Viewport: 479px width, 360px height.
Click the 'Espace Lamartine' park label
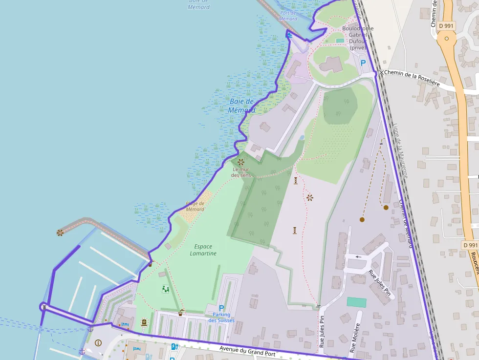203,250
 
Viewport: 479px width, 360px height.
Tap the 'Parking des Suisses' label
221,318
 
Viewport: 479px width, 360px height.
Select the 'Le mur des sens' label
241,172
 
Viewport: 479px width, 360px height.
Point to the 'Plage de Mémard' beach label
195,206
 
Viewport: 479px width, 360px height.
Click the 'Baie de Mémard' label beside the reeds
241,106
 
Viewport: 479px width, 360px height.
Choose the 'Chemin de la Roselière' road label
412,78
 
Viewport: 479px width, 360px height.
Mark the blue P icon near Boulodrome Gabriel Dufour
363,63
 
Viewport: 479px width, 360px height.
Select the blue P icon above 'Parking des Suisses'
221,308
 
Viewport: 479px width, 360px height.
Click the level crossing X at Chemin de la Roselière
381,73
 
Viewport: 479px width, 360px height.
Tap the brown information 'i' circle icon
98,343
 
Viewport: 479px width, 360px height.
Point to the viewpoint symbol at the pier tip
60,233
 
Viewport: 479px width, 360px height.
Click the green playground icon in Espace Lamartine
166,289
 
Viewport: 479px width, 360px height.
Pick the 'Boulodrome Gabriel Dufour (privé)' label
357,38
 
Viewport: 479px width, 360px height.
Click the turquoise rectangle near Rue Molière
356,302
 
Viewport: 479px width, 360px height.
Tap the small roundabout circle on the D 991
446,38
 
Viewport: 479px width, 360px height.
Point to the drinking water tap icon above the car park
181,312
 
